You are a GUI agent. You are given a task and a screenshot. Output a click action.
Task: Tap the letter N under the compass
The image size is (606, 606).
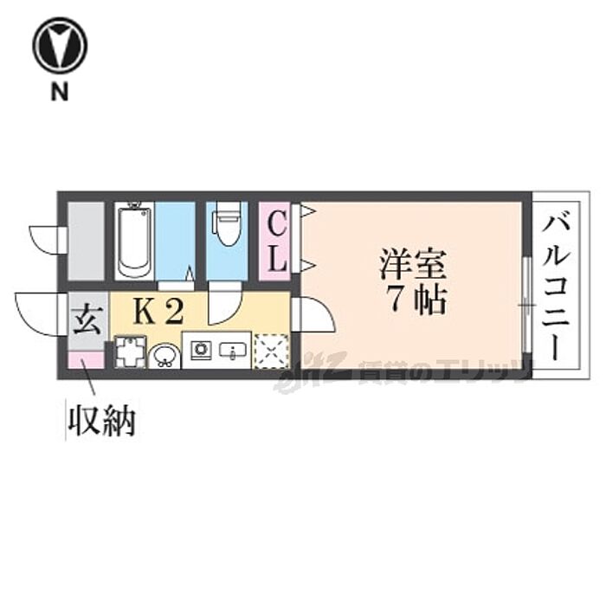click(59, 92)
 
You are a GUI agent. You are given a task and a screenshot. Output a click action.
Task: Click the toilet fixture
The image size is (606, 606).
click(228, 228)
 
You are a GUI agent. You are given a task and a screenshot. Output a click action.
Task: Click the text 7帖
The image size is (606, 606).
click(416, 300)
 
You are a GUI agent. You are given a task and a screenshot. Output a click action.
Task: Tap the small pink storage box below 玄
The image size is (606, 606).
click(86, 358)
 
